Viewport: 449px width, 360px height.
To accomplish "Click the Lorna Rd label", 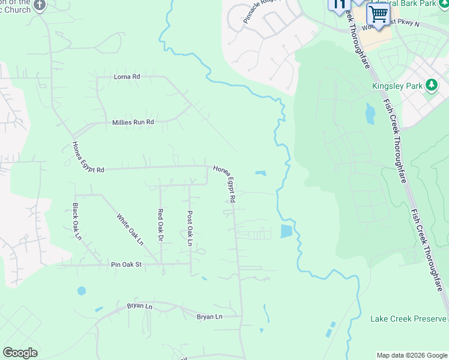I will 127,77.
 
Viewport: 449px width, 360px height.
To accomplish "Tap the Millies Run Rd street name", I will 133,122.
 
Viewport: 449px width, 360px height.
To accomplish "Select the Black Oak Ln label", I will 76,222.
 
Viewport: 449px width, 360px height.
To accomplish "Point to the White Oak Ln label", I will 130,230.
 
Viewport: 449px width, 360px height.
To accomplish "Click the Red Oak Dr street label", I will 160,226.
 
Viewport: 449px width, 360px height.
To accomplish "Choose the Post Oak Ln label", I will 190,228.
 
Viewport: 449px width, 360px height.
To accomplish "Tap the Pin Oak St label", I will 126,264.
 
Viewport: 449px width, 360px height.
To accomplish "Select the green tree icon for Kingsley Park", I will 431,85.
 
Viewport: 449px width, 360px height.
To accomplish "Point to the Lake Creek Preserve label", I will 408,319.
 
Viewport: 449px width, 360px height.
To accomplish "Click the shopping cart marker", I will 378,13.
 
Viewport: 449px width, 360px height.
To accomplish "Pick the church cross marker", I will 40,5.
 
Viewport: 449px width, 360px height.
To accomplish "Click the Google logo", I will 20,353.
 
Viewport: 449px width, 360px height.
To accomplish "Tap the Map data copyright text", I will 412,355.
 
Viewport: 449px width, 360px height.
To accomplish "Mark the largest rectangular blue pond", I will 286,231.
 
